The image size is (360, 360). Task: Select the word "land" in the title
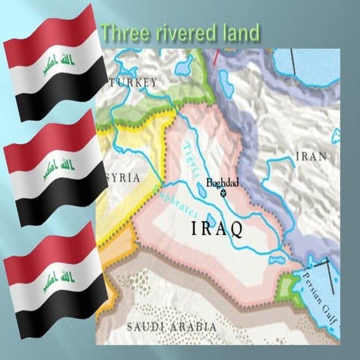click(x=239, y=32)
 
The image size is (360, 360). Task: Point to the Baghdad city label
click(x=221, y=182)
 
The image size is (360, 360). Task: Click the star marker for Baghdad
click(x=223, y=193)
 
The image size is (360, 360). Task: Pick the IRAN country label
click(x=311, y=156)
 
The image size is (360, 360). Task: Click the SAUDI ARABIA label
click(x=172, y=327)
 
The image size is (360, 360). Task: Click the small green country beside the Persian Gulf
click(x=286, y=285)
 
